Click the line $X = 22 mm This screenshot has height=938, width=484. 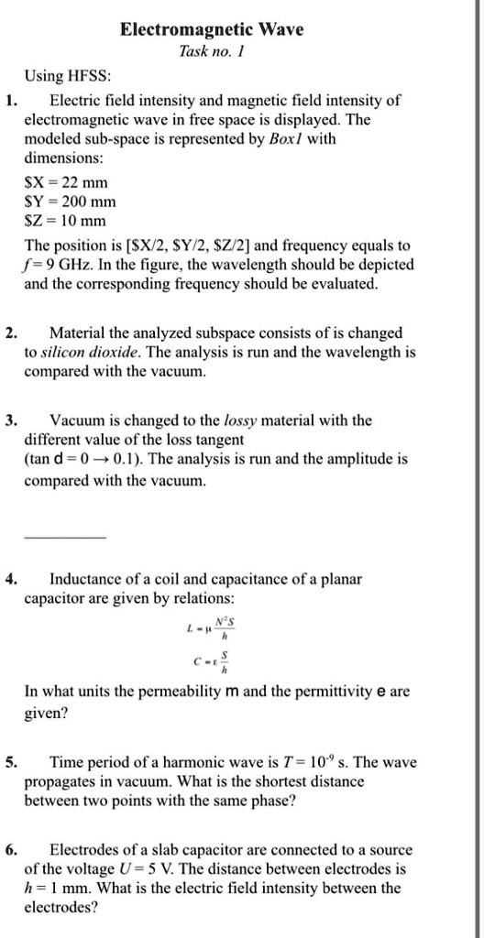tap(65, 182)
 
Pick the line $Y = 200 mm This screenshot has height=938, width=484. tap(69, 202)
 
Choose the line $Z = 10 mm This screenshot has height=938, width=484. tap(65, 221)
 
